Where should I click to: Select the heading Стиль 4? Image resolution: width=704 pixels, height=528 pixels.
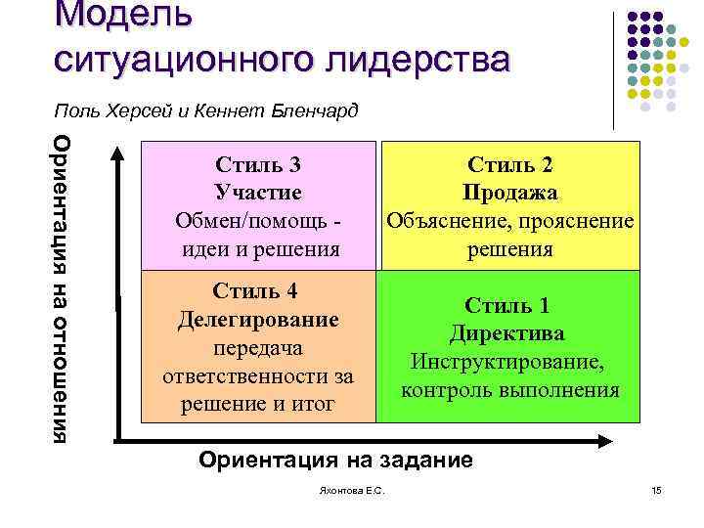(260, 291)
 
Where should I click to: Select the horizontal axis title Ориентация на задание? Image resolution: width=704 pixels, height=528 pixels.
(334, 460)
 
